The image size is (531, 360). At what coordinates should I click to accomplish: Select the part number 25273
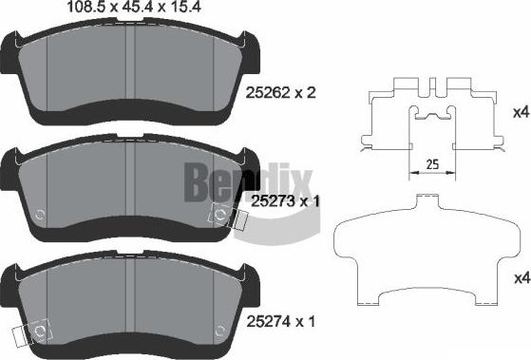coord(270,200)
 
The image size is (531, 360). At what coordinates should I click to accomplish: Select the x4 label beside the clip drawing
coord(519,113)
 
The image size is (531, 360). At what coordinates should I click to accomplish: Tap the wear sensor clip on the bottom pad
coord(33,332)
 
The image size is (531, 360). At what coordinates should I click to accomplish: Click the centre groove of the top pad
coord(135,71)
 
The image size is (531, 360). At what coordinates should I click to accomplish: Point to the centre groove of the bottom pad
coord(135,304)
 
